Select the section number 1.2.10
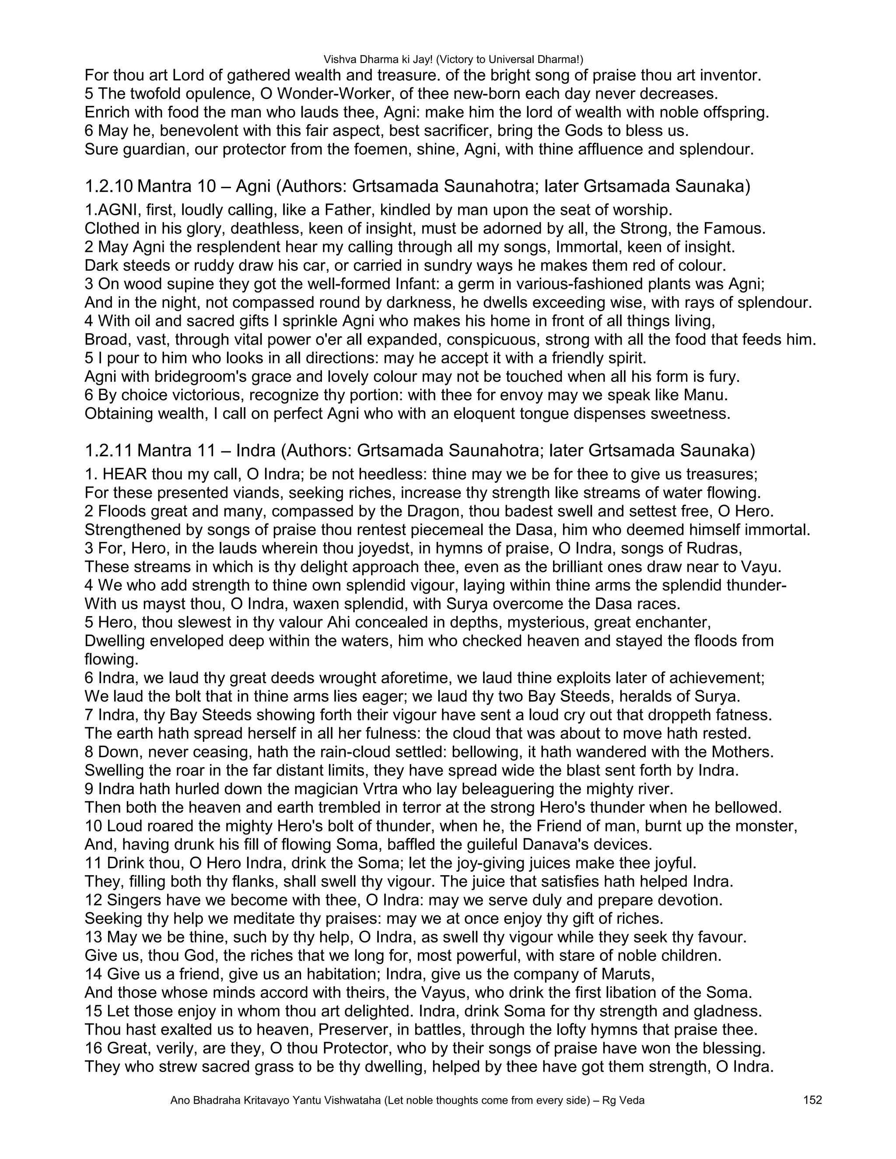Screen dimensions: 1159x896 pos(108,186)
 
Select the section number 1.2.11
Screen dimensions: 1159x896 pos(108,450)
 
